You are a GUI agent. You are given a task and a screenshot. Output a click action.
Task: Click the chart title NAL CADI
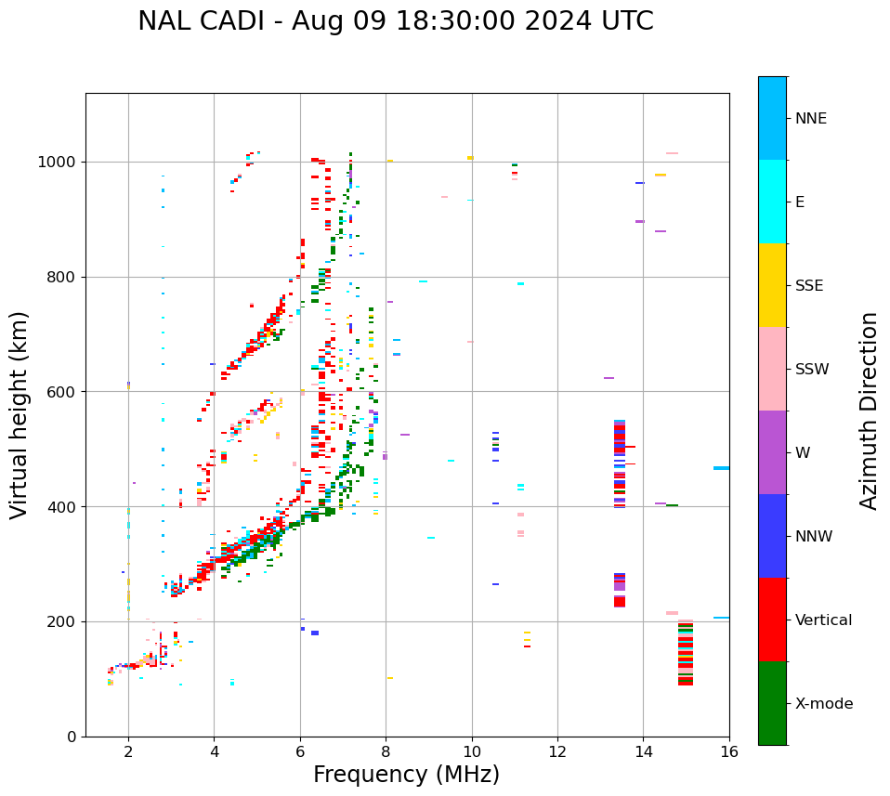(395, 21)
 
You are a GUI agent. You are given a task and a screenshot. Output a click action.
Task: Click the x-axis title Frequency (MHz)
(406, 775)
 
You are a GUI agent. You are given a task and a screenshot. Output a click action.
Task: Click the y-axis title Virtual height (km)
(20, 414)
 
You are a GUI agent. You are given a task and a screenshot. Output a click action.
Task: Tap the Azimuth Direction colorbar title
(869, 410)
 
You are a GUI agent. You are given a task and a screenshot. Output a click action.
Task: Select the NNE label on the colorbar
(810, 119)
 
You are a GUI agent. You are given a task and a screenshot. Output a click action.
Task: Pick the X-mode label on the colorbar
(823, 704)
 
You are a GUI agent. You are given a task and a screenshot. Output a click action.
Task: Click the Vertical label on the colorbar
(823, 620)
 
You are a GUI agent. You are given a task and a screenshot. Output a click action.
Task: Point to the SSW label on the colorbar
(812, 370)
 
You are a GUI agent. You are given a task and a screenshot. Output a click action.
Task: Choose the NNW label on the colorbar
(814, 537)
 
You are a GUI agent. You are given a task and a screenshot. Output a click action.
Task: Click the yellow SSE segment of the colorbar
(772, 285)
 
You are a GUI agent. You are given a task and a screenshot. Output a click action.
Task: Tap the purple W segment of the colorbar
(772, 452)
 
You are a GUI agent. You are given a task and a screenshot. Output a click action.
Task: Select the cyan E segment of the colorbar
(772, 202)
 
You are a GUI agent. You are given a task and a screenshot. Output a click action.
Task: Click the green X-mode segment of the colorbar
(772, 703)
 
